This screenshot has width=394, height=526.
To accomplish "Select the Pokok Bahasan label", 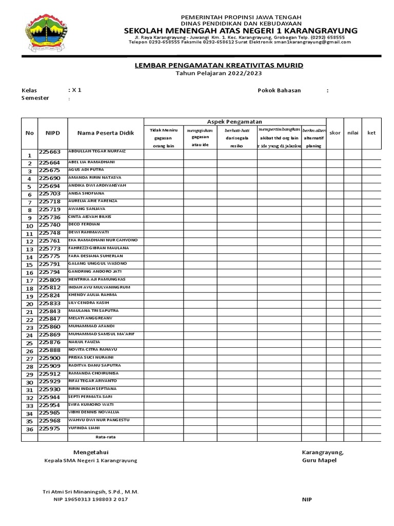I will [279, 90].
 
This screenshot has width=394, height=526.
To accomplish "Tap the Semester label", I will [35, 98].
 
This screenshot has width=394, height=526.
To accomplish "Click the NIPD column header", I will [53, 133].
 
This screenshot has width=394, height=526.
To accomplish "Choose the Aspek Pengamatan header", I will [235, 121].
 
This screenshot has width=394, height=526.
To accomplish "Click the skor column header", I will [334, 133].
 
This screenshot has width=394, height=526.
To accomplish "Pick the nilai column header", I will [352, 133].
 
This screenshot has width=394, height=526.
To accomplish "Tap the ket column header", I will [371, 133].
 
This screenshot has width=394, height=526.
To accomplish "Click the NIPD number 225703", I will [50, 194].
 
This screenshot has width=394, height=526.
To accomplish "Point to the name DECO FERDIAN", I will [84, 224].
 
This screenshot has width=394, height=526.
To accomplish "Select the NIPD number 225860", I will [50, 327].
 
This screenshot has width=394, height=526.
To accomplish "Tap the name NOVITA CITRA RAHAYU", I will [94, 350].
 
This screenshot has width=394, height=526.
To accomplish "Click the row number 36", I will [29, 429].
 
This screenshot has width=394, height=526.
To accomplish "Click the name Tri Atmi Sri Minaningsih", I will [90, 492].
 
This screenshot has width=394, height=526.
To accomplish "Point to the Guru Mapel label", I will [319, 460].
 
